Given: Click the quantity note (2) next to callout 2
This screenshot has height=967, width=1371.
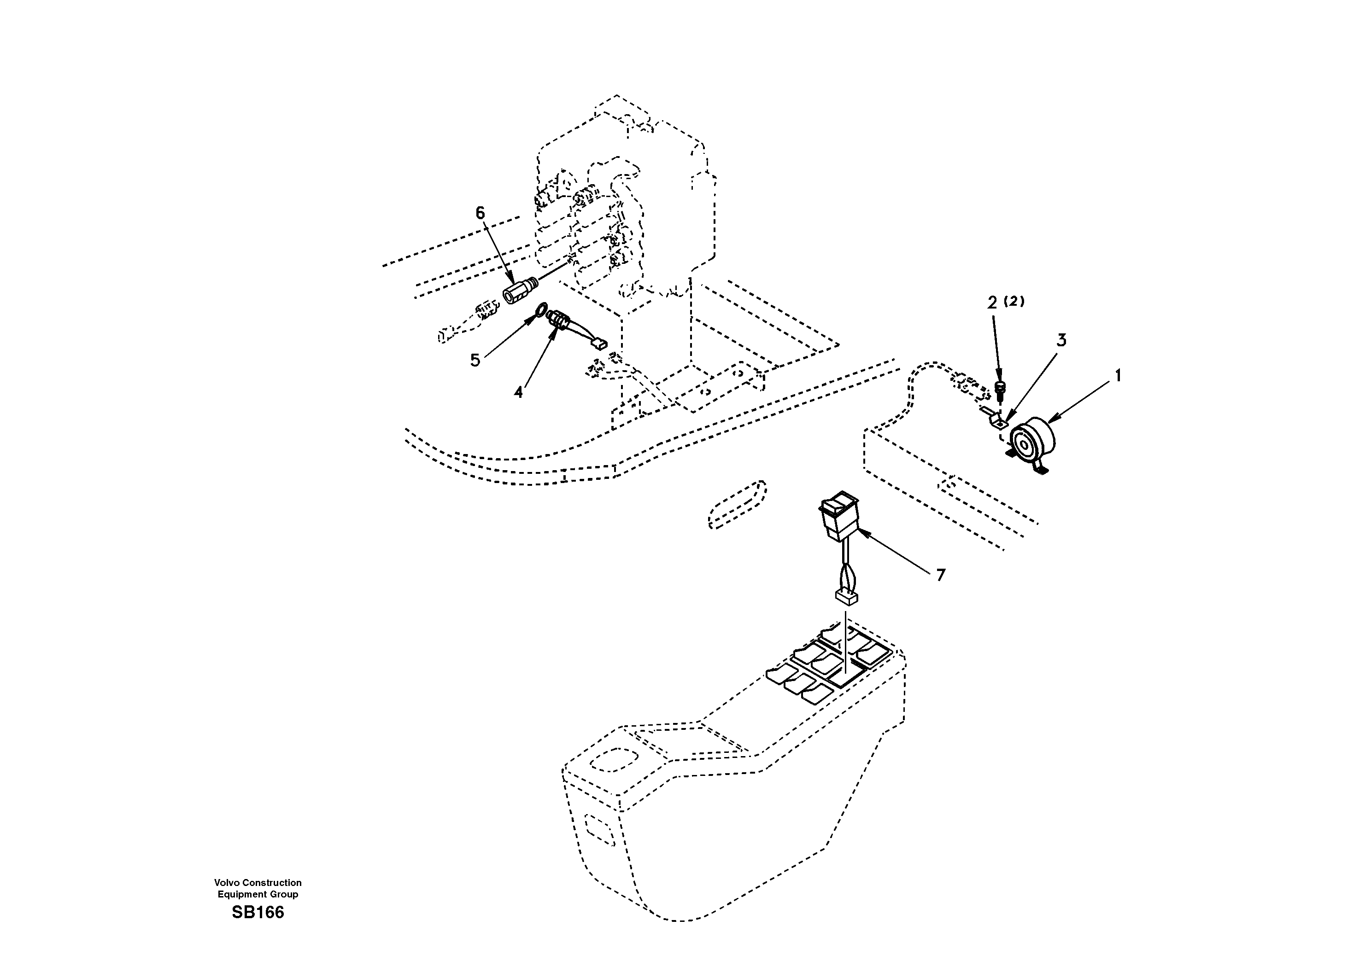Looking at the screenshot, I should [1014, 302].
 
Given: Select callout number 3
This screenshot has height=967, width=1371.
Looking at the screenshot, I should [1061, 340].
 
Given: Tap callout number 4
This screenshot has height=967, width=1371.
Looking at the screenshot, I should [518, 392].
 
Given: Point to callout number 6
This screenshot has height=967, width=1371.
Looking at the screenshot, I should [480, 213].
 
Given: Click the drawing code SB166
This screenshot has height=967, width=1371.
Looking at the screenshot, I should [258, 913].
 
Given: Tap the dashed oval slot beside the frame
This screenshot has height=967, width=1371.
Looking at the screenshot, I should [736, 504].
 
